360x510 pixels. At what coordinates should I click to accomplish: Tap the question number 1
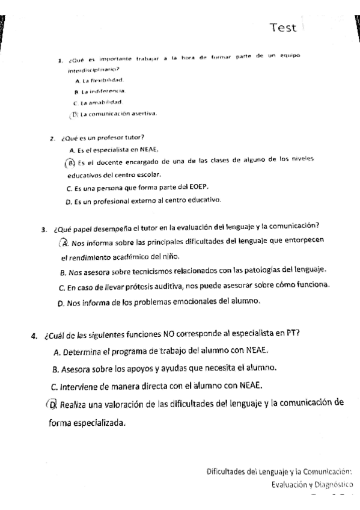(61, 59)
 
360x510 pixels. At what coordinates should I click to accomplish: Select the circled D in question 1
(75, 114)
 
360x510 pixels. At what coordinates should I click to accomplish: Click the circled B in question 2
(70, 162)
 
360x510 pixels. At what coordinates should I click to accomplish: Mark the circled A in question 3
(64, 242)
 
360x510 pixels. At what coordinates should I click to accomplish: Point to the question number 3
(44, 229)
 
